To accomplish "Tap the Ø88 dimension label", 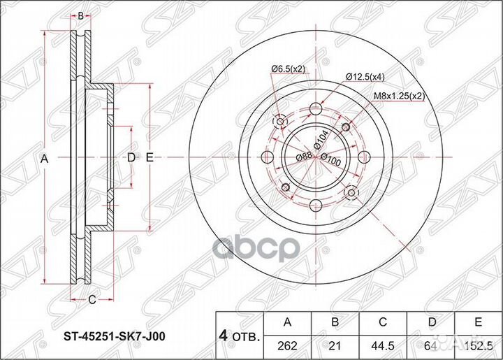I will click(x=304, y=156).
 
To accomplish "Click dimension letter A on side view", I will click(x=43, y=160).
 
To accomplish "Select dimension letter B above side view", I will click(x=81, y=15).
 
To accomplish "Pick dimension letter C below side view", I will click(x=91, y=301).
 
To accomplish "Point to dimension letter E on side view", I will click(x=150, y=158).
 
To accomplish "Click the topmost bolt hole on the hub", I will click(x=316, y=108).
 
